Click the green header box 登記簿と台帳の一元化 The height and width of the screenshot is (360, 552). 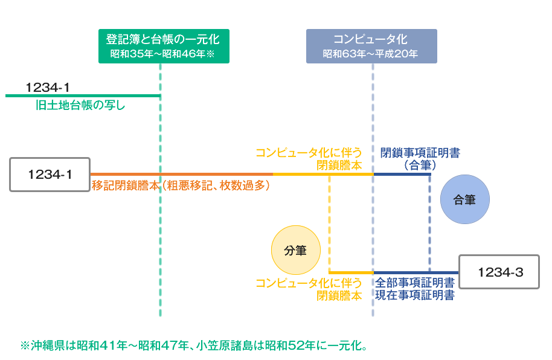pos(164,46)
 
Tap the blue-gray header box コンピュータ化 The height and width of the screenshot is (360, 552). pos(371,46)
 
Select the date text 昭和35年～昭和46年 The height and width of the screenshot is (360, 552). pos(158,54)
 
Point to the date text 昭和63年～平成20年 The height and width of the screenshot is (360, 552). pos(370,54)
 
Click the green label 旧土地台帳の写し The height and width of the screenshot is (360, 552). pos(80,105)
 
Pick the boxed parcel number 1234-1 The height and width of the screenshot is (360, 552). pos(50,175)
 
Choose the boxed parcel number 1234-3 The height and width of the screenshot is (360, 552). pos(499,272)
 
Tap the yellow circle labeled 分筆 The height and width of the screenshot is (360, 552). pos(296,250)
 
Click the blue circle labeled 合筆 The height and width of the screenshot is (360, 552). pos(464,199)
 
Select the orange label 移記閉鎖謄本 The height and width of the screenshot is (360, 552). pos(126,185)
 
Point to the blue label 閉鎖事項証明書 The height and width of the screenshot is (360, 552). pos(420,153)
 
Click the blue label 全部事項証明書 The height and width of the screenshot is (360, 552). pos(415,283)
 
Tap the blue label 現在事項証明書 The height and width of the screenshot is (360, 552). pos(415,295)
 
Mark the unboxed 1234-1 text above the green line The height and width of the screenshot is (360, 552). pos(48,88)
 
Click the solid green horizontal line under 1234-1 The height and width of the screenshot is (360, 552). pos(83,95)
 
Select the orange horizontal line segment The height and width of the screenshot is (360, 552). pos(182,174)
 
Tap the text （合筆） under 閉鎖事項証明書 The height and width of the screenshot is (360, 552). pos(420,165)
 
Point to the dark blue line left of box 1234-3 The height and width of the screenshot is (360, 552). pos(416,272)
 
